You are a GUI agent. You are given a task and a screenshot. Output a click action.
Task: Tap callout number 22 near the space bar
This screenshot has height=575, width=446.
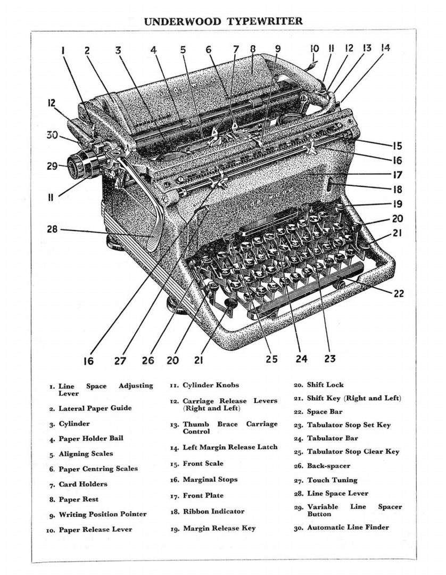coord(399,293)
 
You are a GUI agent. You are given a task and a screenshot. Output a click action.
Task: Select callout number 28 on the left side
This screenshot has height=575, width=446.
coord(52,230)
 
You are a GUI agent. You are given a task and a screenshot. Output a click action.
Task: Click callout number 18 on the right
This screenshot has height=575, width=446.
coord(397,189)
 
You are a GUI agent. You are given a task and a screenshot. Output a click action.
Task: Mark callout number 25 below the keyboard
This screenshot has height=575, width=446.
coord(271,359)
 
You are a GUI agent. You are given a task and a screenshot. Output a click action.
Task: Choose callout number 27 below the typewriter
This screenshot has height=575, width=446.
coord(120,360)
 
